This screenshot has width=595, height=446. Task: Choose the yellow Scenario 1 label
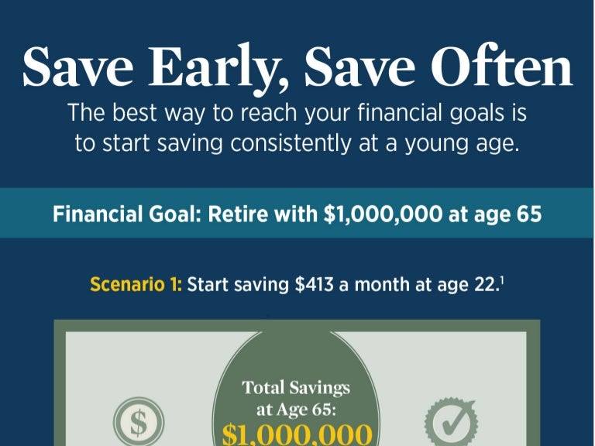[x=136, y=284]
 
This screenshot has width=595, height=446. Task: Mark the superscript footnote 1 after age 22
[x=498, y=280]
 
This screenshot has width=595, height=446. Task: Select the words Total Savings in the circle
[x=296, y=387]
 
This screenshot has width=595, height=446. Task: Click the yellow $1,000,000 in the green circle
[x=297, y=432]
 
